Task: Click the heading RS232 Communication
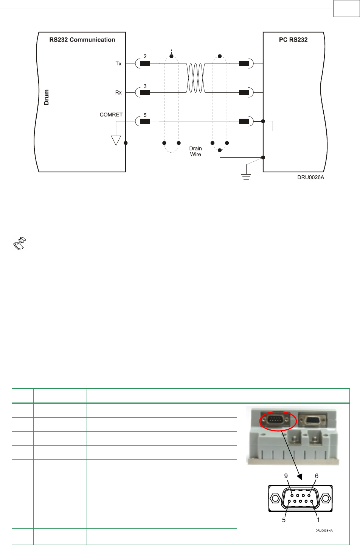pyautogui.click(x=82, y=40)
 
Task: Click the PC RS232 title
pyautogui.click(x=293, y=40)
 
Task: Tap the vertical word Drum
pyautogui.click(x=47, y=97)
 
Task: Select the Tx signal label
pyautogui.click(x=118, y=63)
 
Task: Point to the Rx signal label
pyautogui.click(x=118, y=93)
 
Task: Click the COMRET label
pyautogui.click(x=111, y=115)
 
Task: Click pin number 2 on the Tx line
pyautogui.click(x=145, y=56)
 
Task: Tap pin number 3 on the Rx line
pyautogui.click(x=145, y=86)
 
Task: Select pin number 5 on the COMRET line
pyautogui.click(x=145, y=115)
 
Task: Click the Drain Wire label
pyautogui.click(x=196, y=151)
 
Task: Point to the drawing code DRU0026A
pyautogui.click(x=310, y=177)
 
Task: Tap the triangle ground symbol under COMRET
pyautogui.click(x=116, y=141)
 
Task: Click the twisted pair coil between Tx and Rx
pyautogui.click(x=196, y=78)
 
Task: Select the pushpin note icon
pyautogui.click(x=19, y=243)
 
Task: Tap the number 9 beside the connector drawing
pyautogui.click(x=286, y=476)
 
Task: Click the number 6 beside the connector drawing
pyautogui.click(x=317, y=476)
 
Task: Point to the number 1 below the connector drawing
pyautogui.click(x=318, y=520)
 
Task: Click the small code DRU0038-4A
pyautogui.click(x=324, y=531)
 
